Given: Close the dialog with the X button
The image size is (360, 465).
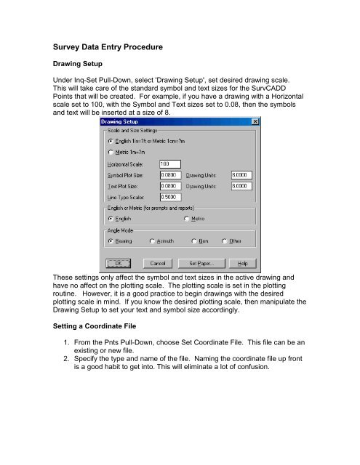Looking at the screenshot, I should click(254, 122).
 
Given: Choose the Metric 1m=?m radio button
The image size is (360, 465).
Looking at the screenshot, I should click(110, 152).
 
